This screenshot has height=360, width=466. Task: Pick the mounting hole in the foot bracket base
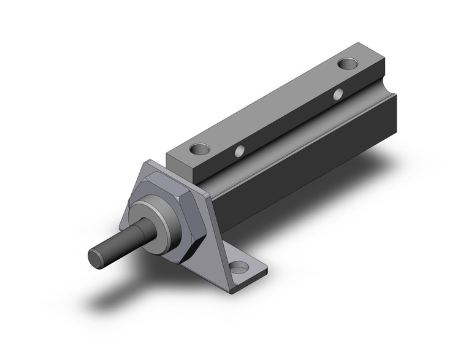(x=239, y=267)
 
